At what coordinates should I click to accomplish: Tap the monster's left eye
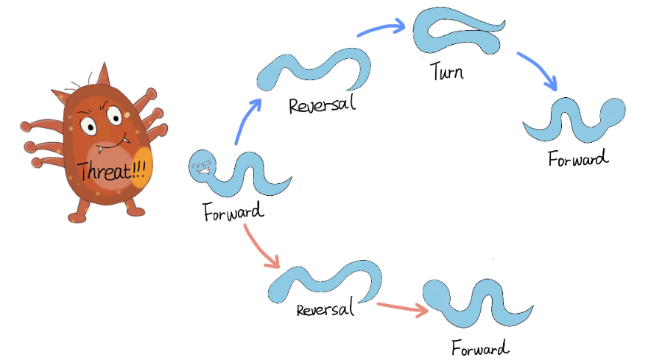(88, 126)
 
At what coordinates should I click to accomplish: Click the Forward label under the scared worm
(233, 213)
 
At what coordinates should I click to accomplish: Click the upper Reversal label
(322, 105)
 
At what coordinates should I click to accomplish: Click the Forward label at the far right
(579, 158)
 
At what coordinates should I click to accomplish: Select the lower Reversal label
(325, 308)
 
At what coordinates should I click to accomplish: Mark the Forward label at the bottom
(480, 347)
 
